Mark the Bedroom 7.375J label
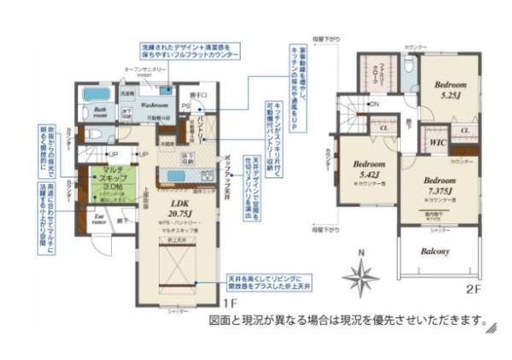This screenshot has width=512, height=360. [439, 185]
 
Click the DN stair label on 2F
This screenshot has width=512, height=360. [374, 104]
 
